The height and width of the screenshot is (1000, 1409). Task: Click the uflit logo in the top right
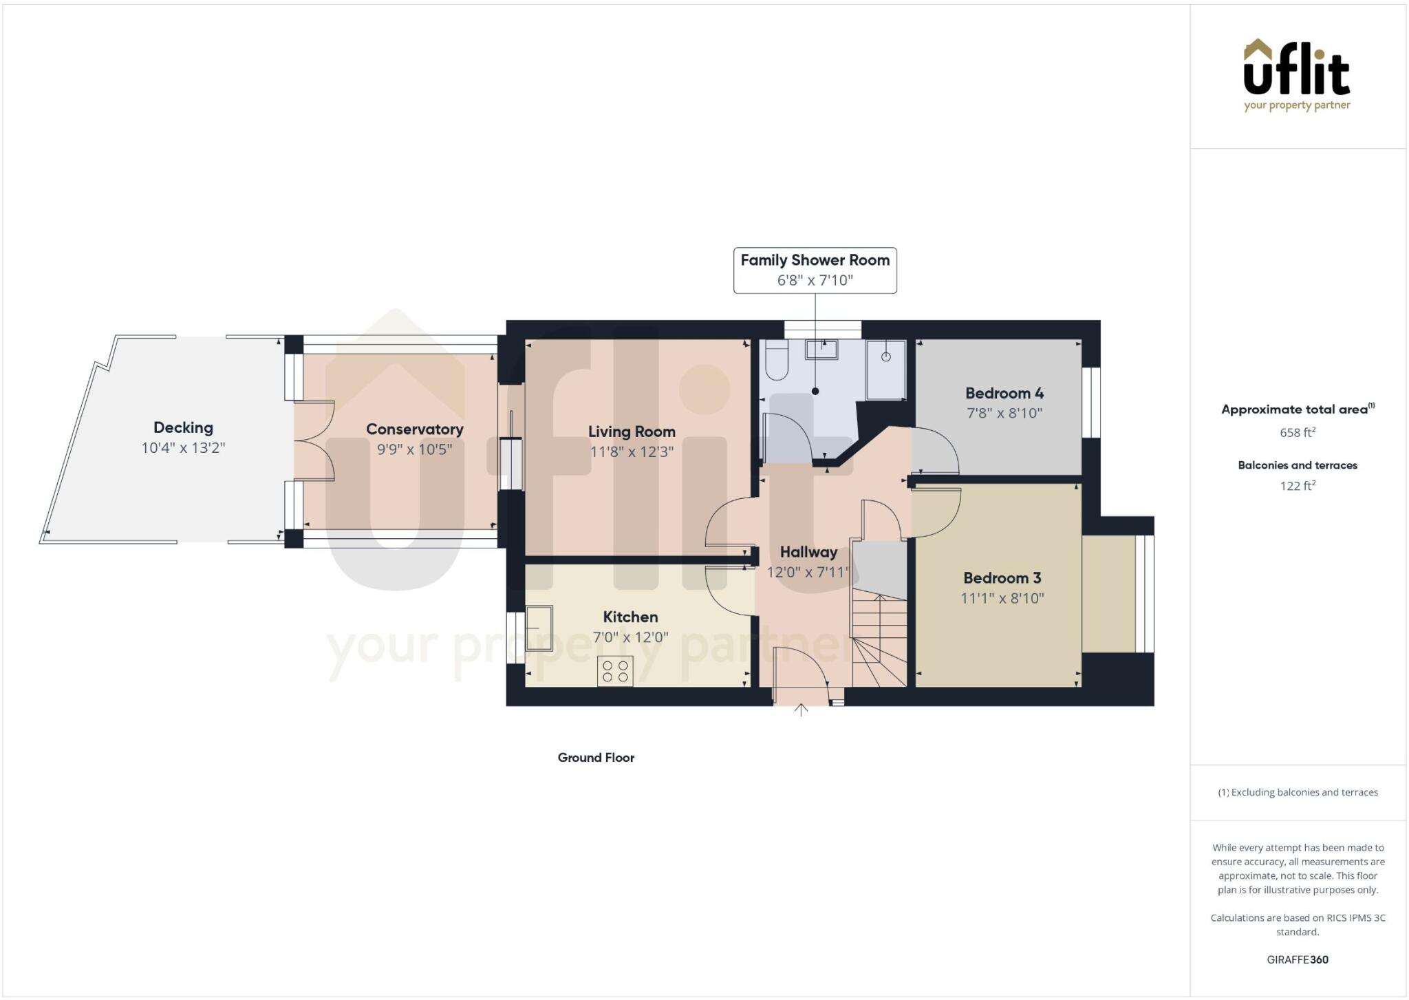tap(1297, 74)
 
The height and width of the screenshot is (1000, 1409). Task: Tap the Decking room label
tap(183, 427)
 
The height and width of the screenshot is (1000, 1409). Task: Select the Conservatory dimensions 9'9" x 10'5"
tap(414, 449)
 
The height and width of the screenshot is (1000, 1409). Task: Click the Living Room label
tap(632, 432)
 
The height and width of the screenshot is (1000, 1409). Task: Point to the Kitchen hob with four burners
tap(616, 671)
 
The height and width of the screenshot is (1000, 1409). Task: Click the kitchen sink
tap(539, 628)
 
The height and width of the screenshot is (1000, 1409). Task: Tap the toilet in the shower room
tap(776, 361)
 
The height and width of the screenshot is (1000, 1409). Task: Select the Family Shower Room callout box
tap(815, 270)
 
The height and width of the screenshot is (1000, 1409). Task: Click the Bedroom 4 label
tap(1004, 393)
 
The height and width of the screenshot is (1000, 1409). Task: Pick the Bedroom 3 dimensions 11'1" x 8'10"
tap(1002, 598)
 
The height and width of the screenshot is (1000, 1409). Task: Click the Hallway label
tap(808, 552)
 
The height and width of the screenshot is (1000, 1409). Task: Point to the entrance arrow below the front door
tap(801, 710)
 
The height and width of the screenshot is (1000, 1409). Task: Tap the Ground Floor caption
tap(596, 757)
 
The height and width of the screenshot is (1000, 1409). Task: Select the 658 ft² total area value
tap(1298, 432)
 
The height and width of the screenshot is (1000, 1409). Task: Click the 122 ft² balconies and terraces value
tap(1298, 485)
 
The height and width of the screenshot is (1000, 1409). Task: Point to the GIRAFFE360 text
tap(1298, 959)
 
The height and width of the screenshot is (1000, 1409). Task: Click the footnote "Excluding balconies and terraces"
tap(1304, 792)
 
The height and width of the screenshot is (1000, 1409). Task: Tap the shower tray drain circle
tap(886, 357)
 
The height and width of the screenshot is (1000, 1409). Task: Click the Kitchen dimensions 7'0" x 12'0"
tap(630, 637)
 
